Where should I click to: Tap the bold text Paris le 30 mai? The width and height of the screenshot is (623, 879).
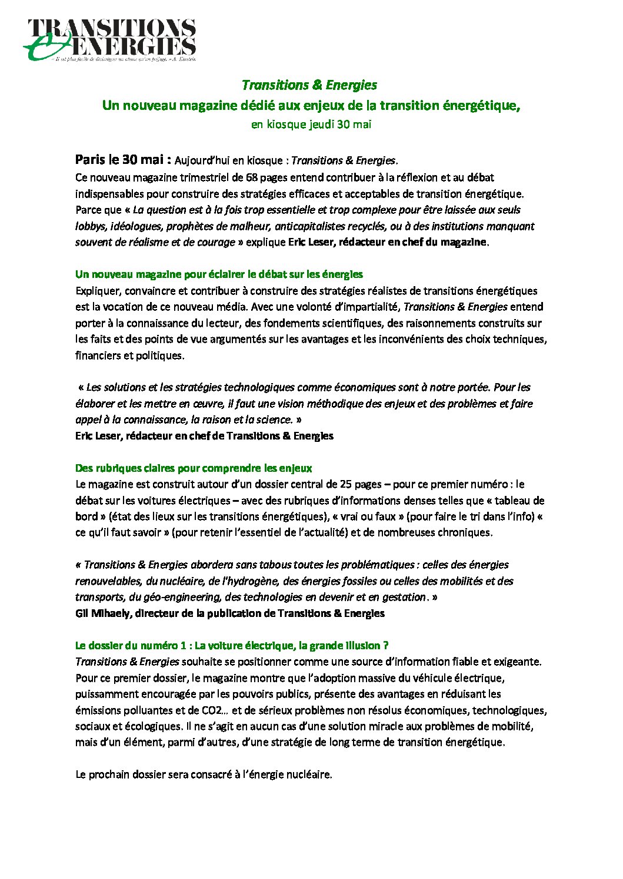(x=123, y=160)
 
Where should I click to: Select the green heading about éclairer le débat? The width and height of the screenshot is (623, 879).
(x=219, y=274)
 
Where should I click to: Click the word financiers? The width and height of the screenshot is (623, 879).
(x=96, y=355)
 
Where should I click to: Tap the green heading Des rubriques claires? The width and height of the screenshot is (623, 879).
(x=193, y=468)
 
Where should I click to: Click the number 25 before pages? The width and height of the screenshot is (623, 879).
(x=347, y=485)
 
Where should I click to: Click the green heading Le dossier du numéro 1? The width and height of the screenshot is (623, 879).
(x=232, y=646)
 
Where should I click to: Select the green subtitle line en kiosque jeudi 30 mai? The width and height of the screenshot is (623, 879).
(x=311, y=125)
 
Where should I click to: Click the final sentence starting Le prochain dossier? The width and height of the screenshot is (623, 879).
(x=204, y=774)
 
